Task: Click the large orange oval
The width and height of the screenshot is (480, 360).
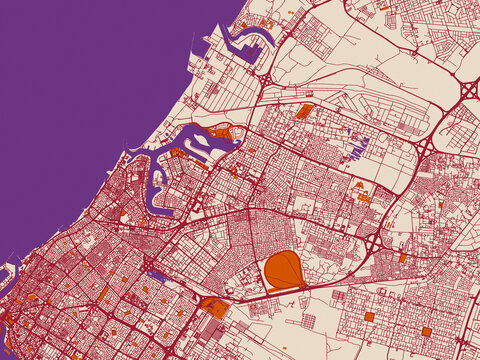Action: (284, 270)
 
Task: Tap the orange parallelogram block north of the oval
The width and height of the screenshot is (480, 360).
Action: (305, 111)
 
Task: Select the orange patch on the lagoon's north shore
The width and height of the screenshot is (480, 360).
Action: (220, 130)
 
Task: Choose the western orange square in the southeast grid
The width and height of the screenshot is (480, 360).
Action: (369, 317)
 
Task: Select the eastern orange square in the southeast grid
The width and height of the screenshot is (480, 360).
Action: (426, 331)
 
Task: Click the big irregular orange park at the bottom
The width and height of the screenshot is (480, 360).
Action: (214, 308)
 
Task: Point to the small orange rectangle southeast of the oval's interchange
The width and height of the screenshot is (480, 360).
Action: (402, 258)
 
